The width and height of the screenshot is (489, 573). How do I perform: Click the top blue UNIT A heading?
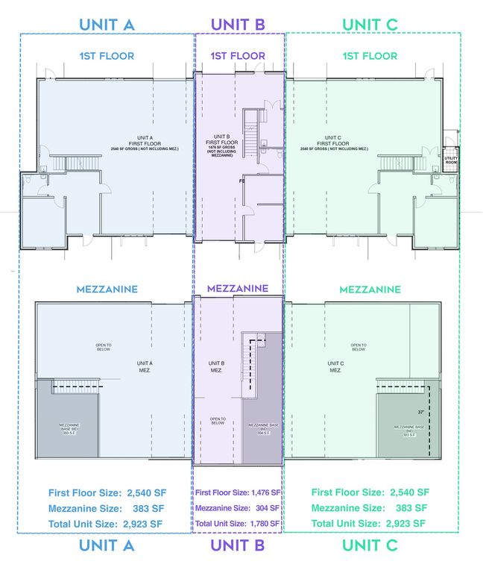click(107, 24)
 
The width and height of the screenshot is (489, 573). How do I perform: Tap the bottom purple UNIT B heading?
click(238, 546)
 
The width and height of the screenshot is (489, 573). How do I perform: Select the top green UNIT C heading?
click(370, 24)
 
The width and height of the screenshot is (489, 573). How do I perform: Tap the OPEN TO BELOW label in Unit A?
click(104, 347)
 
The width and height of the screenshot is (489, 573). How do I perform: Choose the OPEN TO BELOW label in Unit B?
click(218, 421)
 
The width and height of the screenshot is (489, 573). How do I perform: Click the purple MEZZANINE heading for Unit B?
click(237, 288)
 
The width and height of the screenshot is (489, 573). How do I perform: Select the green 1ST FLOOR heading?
click(370, 56)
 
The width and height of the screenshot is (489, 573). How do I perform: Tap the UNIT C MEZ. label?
click(335, 366)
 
